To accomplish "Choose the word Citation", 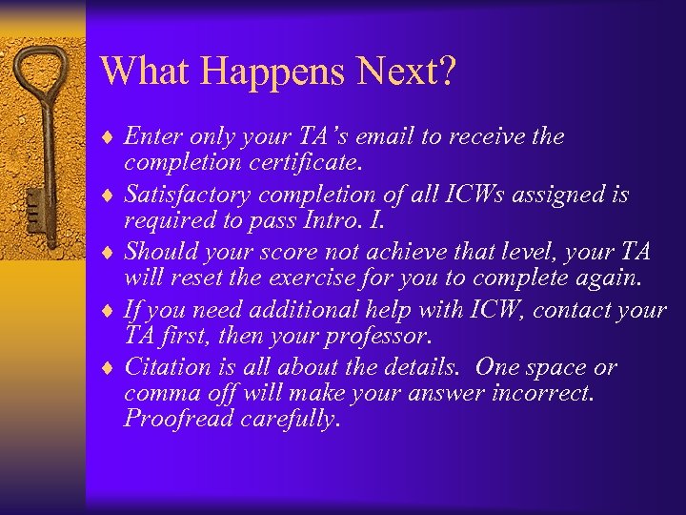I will (x=167, y=368).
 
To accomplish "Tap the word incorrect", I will (x=540, y=393).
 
